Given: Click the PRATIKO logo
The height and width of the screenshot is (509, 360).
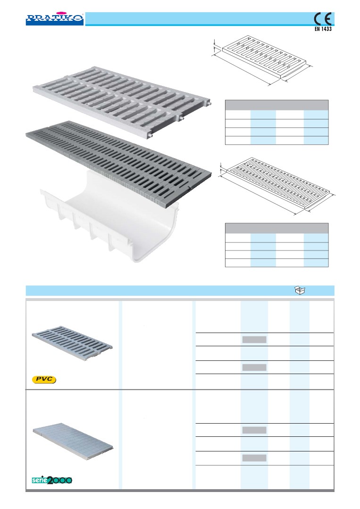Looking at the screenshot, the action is click(x=55, y=19).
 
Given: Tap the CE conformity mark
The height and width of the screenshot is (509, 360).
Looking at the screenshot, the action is click(x=323, y=19).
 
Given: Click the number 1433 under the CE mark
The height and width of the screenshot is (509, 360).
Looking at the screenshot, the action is click(x=326, y=29).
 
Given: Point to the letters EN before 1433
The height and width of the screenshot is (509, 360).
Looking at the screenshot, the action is click(x=317, y=29).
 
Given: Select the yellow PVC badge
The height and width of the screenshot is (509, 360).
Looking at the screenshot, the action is click(x=44, y=379).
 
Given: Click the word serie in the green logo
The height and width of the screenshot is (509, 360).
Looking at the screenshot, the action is click(x=40, y=480).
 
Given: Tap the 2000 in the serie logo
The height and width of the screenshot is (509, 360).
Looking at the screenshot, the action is click(x=60, y=480).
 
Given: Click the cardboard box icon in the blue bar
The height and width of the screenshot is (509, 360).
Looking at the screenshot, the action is click(x=300, y=290).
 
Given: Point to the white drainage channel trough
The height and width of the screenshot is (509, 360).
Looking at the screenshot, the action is click(x=110, y=217).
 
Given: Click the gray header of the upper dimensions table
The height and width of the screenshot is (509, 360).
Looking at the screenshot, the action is click(x=277, y=105).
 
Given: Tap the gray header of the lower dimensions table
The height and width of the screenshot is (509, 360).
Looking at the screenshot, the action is click(x=277, y=228).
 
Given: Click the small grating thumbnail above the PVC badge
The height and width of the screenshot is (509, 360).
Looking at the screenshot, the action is click(x=72, y=343).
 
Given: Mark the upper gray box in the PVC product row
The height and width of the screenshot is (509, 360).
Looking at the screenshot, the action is click(x=254, y=340).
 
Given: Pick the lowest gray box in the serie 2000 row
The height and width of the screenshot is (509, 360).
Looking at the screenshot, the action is click(x=254, y=458).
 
